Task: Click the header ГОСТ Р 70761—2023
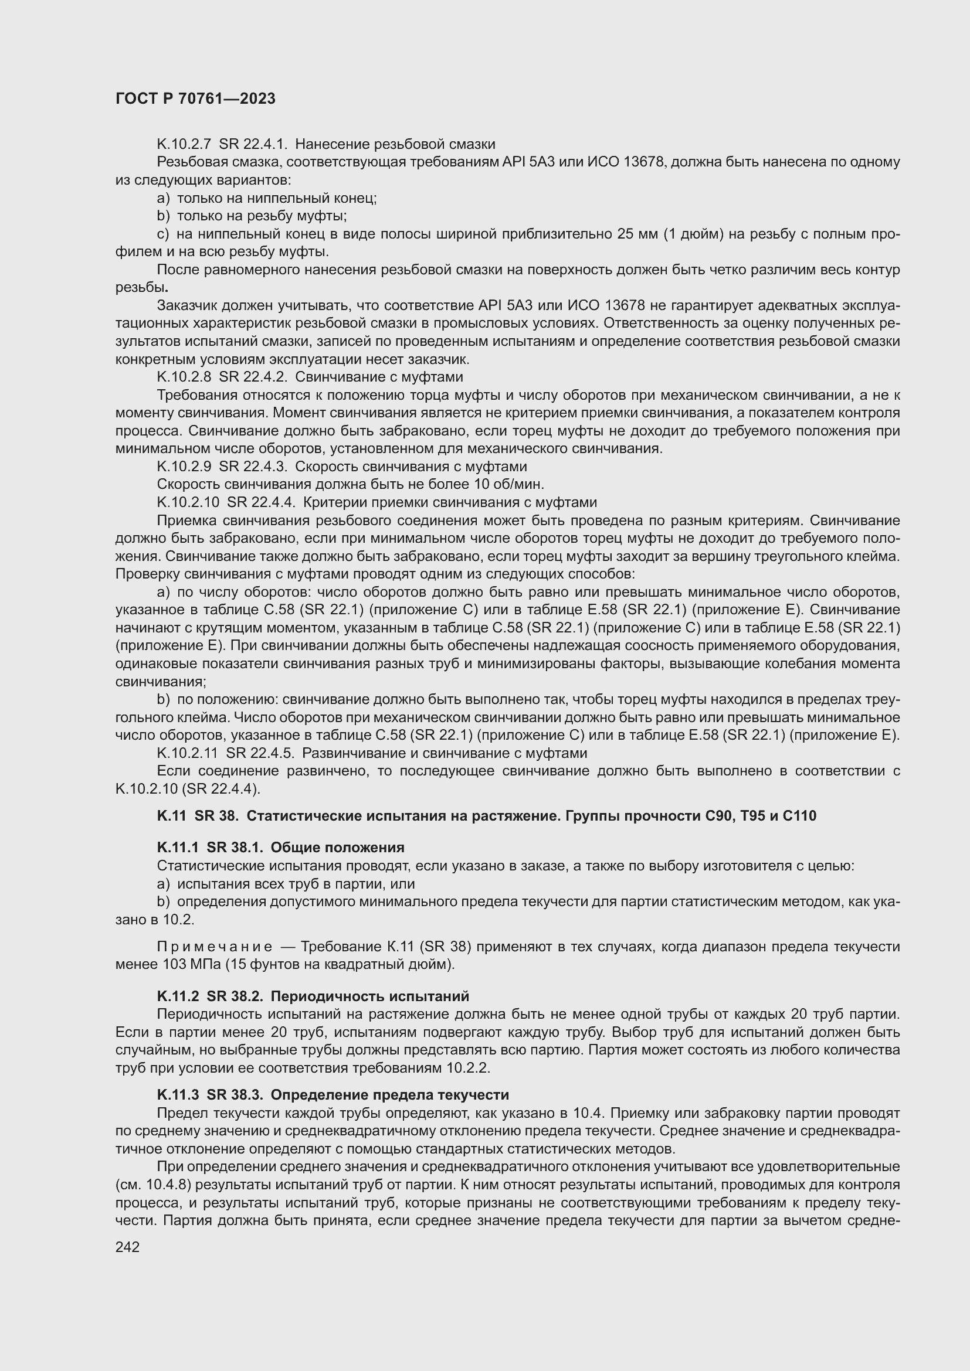point(195,98)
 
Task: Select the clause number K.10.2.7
point(184,144)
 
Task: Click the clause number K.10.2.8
point(184,377)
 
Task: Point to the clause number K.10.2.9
point(184,467)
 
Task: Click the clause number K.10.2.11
point(188,753)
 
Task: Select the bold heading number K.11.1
point(178,848)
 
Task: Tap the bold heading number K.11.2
point(178,996)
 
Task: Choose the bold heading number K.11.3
point(178,1094)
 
